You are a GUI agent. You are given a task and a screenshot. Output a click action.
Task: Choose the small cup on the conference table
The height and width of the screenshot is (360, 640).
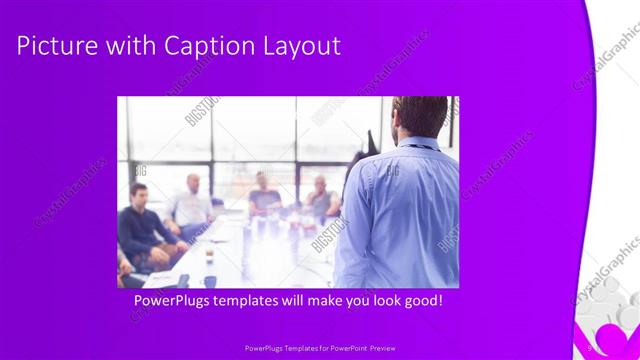(x=209, y=255)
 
